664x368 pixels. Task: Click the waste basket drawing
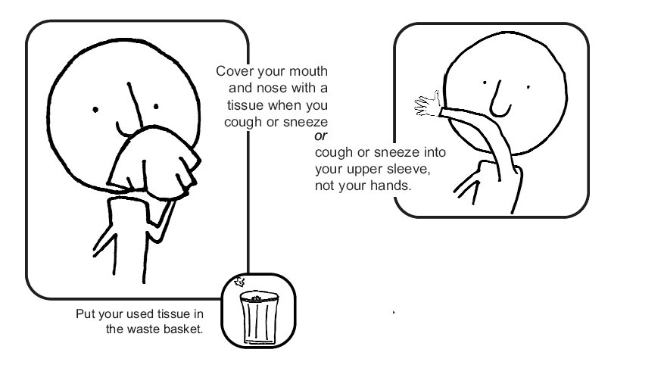pos(259,317)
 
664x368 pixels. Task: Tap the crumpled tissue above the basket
pos(240,281)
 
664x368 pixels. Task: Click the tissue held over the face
pos(153,162)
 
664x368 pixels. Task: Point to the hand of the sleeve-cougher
pos(428,104)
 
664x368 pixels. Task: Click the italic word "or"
pos(320,136)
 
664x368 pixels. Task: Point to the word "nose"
pos(272,88)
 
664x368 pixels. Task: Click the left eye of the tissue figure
pos(95,110)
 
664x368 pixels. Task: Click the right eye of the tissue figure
pos(156,106)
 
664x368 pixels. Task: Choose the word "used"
pos(126,313)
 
